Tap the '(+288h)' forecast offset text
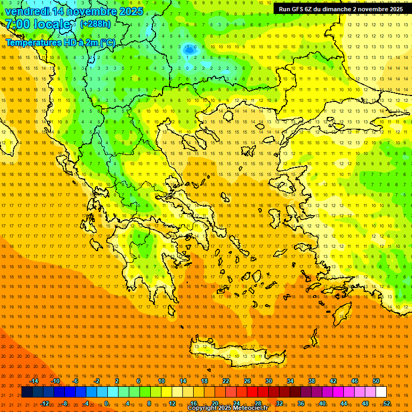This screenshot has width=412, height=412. pyautogui.click(x=95, y=24)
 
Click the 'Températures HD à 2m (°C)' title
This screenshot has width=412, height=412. pyautogui.click(x=60, y=42)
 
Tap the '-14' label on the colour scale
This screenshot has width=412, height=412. pyautogui.click(x=34, y=381)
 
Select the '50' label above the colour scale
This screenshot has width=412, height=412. pyautogui.click(x=376, y=381)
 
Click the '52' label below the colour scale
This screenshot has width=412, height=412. pyautogui.click(x=387, y=403)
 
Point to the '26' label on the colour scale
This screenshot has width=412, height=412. pyautogui.click(x=247, y=381)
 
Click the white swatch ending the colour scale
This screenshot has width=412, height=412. pyautogui.click(x=381, y=392)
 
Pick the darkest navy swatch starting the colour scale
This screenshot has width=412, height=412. pyautogui.click(x=27, y=392)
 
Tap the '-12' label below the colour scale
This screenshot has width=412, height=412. pyautogui.click(x=45, y=403)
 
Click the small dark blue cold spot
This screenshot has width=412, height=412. pyautogui.click(x=189, y=49)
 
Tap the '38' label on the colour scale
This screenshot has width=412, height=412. pyautogui.click(x=312, y=381)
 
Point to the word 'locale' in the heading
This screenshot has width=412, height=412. pyautogui.click(x=53, y=25)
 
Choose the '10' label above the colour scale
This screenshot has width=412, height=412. pyautogui.click(x=161, y=381)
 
